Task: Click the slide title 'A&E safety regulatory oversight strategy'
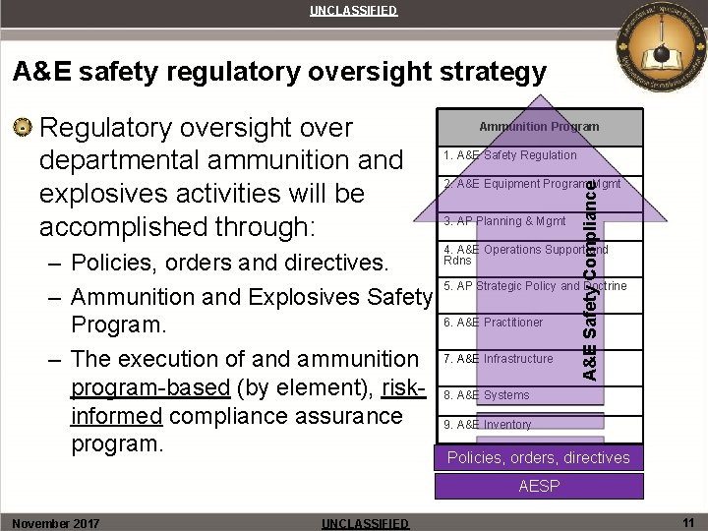[278, 72]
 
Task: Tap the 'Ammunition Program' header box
[539, 127]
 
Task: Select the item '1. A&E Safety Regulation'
[510, 155]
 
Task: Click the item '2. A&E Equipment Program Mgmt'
[516, 184]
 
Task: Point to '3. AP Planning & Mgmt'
[504, 221]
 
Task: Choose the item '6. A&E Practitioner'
[493, 323]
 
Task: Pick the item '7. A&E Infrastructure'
[499, 359]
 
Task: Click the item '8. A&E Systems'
[487, 395]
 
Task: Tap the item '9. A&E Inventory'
[488, 425]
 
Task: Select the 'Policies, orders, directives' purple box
[539, 458]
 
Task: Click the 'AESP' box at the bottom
[539, 487]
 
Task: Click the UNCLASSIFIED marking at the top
[354, 11]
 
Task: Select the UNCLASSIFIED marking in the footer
[366, 523]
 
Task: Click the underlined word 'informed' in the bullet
[116, 416]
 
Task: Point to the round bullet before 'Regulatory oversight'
[24, 128]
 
